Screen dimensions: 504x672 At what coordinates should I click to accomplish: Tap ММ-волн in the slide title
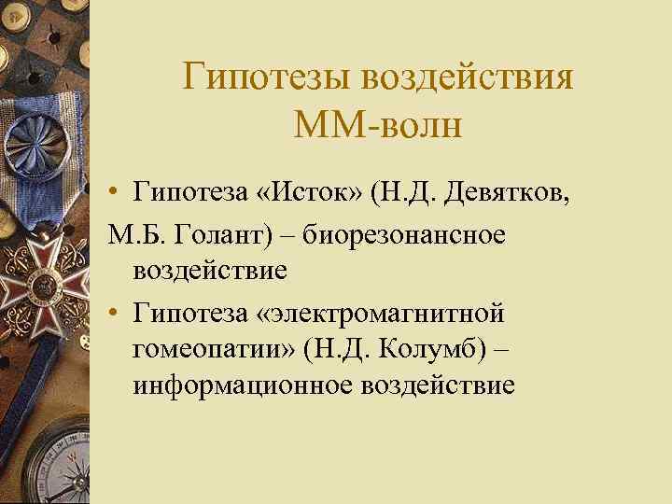pos(377,124)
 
